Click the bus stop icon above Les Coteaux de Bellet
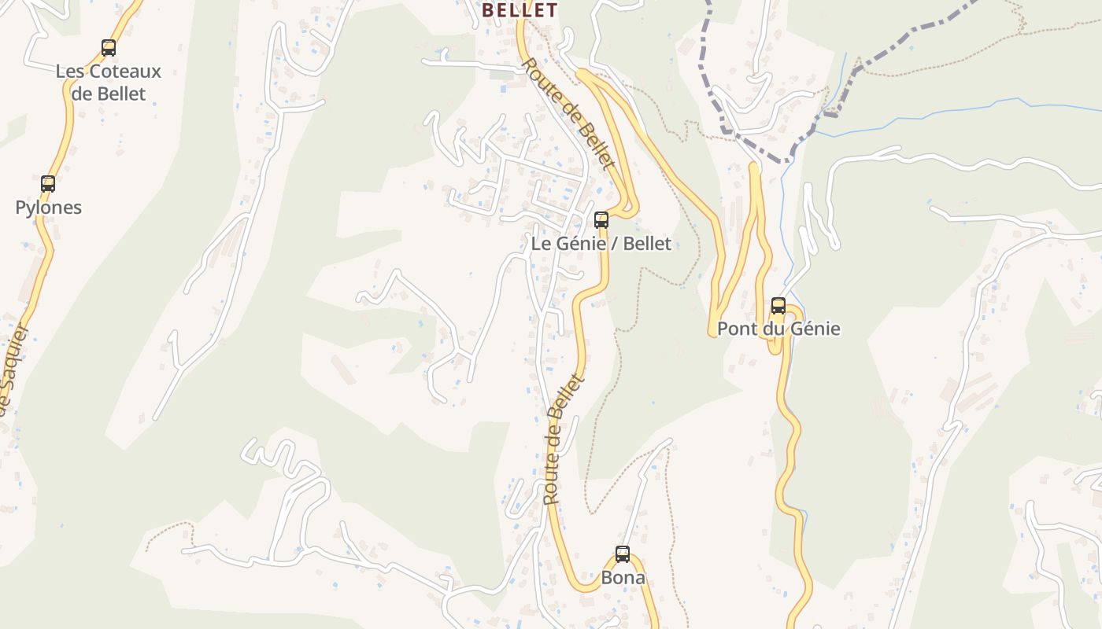pos(109,48)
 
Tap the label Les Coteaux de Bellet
pos(108,83)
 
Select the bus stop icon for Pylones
pos(48,184)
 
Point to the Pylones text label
pos(48,208)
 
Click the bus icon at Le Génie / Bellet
pos(601,220)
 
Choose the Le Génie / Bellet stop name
pos(601,244)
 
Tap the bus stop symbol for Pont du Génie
pos(778,306)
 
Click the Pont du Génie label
pos(778,329)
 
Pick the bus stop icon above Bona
pos(623,554)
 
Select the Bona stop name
pos(623,578)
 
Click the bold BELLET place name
pos(520,10)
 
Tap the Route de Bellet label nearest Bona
pos(564,440)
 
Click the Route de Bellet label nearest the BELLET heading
pos(568,113)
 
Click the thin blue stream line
pos(945,110)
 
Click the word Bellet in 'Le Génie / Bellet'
pos(647,244)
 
